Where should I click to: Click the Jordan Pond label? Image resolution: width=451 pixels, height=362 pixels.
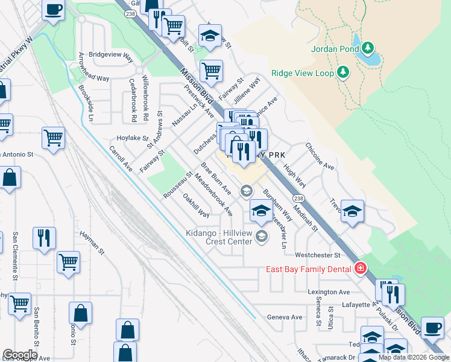(x=335, y=49)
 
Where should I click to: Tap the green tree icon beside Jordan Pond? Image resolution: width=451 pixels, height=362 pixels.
(x=367, y=48)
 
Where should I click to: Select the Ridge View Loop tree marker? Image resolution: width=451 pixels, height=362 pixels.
(x=343, y=72)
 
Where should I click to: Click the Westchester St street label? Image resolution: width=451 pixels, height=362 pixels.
(x=318, y=255)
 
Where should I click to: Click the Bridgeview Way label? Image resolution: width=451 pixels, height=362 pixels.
(x=111, y=54)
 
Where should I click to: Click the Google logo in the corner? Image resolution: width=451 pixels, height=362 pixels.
(x=20, y=355)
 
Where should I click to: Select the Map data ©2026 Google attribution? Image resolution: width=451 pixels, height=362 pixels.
(x=414, y=357)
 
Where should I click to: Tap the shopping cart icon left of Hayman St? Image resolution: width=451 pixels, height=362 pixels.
(x=69, y=262)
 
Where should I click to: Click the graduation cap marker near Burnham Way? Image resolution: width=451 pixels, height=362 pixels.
(x=260, y=211)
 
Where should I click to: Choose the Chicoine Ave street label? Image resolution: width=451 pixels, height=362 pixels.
(x=320, y=156)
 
